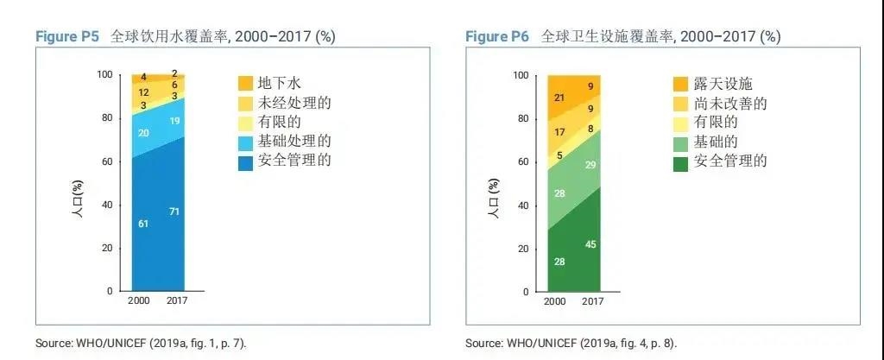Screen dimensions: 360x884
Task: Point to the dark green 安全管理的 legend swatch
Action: (680, 161)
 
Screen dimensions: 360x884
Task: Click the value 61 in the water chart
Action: (143, 224)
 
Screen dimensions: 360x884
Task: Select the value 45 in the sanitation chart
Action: (591, 244)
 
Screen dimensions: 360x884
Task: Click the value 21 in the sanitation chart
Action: (559, 98)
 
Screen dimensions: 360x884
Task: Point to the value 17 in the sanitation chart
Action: (559, 133)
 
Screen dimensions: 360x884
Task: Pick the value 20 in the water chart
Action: (143, 133)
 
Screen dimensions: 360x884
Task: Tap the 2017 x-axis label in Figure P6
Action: (593, 301)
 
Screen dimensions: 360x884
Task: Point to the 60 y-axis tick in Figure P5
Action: (106, 161)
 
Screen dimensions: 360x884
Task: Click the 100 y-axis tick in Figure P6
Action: (520, 75)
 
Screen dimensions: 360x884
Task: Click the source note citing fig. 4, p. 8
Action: (571, 343)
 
